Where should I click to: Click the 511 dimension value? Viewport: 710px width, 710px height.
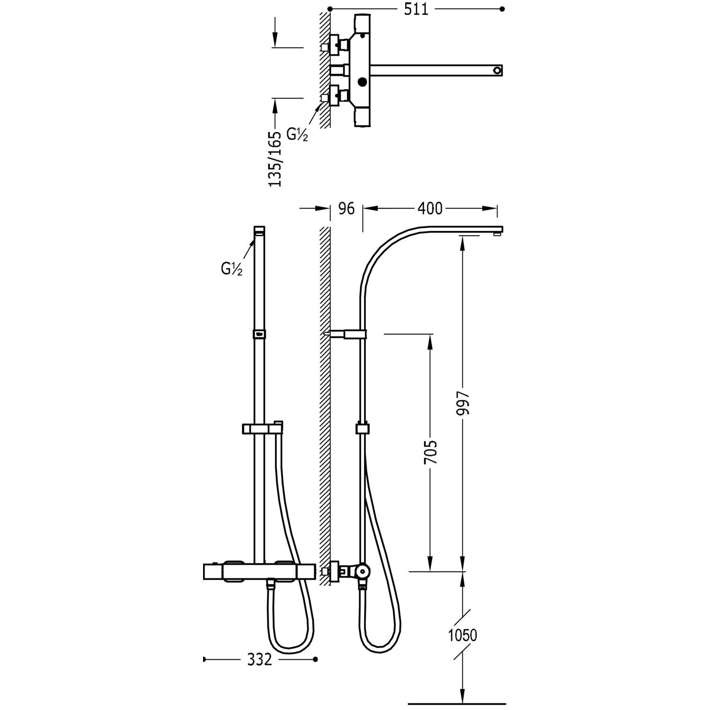(416, 9)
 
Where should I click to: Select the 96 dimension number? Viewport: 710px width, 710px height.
(346, 208)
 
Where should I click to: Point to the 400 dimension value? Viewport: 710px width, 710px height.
(430, 208)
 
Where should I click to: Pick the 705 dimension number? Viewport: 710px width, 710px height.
(431, 453)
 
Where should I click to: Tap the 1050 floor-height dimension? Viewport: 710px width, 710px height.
(462, 635)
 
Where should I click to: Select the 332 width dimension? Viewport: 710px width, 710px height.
(259, 659)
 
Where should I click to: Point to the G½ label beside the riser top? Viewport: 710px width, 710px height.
(231, 269)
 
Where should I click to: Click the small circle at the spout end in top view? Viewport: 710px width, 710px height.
(497, 71)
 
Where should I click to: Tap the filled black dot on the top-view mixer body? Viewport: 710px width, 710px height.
(363, 82)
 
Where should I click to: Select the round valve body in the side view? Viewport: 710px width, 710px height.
(363, 571)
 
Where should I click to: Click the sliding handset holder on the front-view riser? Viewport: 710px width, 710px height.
(262, 428)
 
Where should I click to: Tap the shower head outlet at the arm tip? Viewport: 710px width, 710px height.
(497, 232)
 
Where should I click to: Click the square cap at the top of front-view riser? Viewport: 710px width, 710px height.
(259, 231)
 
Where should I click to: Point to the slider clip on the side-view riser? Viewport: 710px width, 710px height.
(362, 429)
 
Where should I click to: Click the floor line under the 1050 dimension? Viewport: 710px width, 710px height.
(457, 702)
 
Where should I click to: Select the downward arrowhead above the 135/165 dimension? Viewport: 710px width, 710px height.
(274, 40)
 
